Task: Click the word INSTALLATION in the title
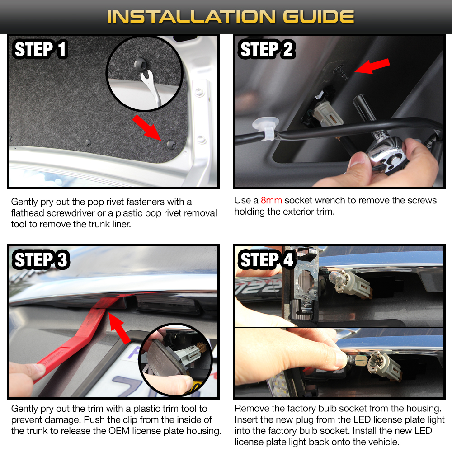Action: (x=191, y=16)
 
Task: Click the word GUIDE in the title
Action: (x=319, y=16)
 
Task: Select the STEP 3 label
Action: (x=41, y=259)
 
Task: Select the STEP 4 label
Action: (x=266, y=259)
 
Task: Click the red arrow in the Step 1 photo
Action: (x=147, y=128)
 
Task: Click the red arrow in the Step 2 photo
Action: (x=372, y=66)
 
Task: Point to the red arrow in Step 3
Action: (x=119, y=328)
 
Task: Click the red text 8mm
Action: (x=271, y=200)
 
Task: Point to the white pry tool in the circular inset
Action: (x=151, y=85)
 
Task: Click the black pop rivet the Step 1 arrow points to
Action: (x=171, y=144)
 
